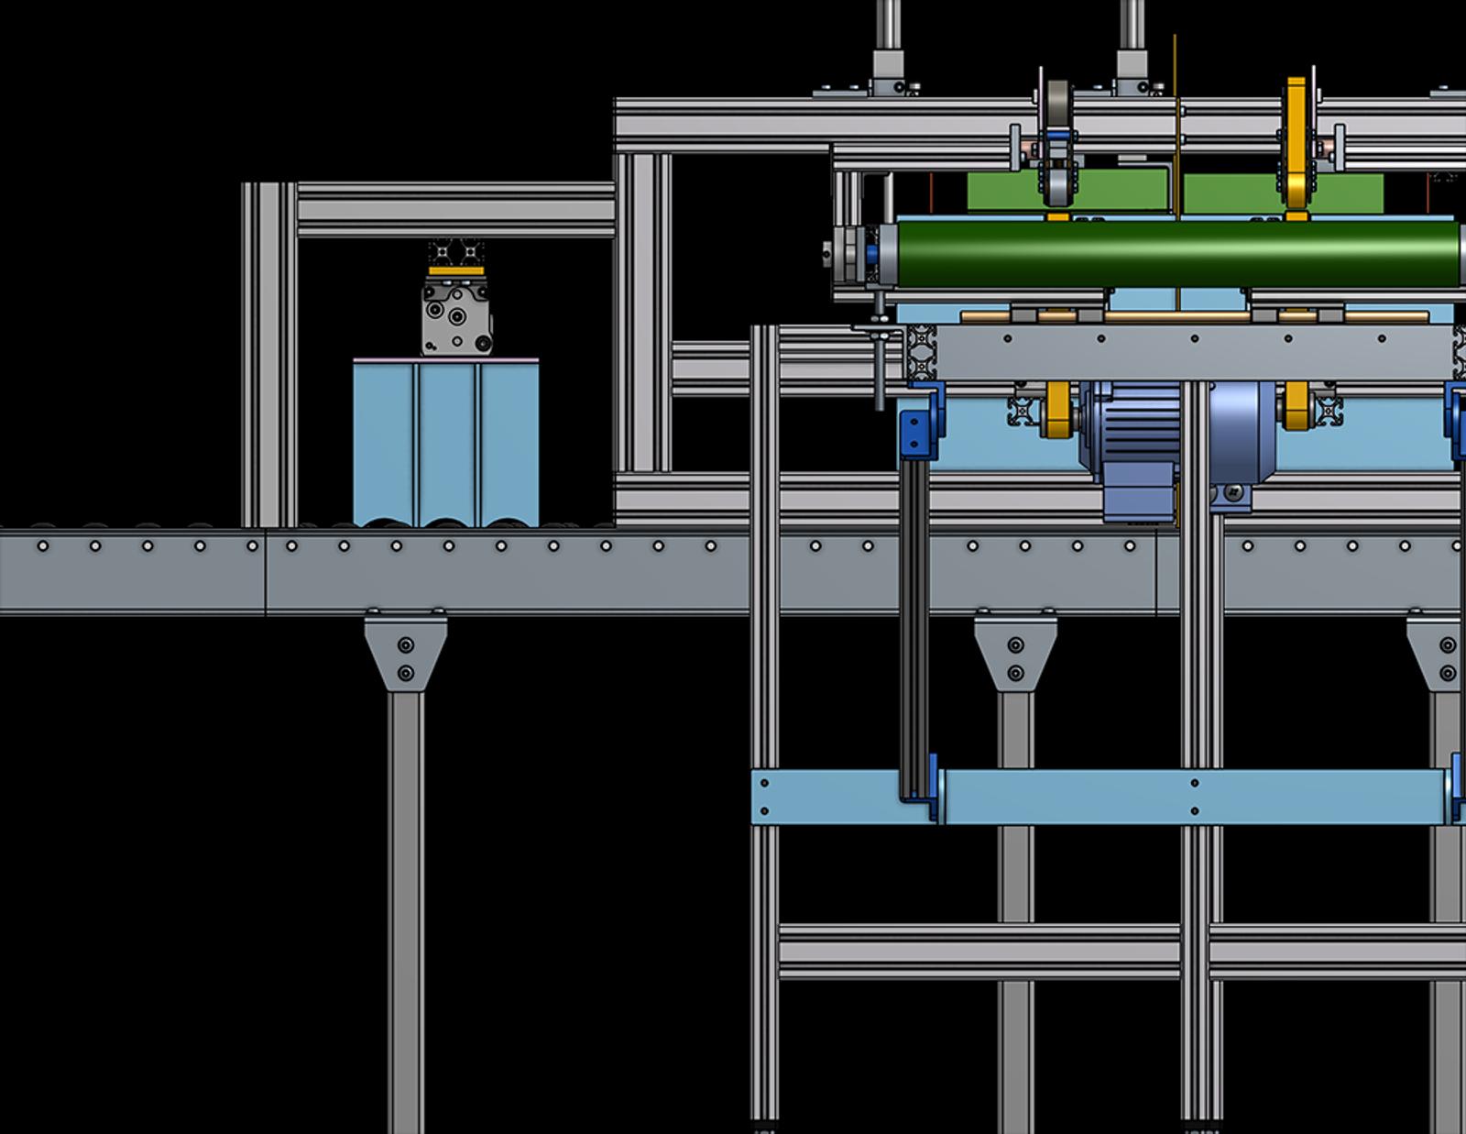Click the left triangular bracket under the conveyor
tap(405, 652)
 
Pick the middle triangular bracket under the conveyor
tap(1015, 652)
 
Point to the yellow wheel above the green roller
tap(1296, 147)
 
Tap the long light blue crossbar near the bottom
tap(1191, 797)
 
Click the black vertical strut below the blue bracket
tap(914, 623)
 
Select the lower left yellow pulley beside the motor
tap(1057, 409)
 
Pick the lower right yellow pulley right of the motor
tap(1296, 406)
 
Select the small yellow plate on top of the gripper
tap(456, 271)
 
